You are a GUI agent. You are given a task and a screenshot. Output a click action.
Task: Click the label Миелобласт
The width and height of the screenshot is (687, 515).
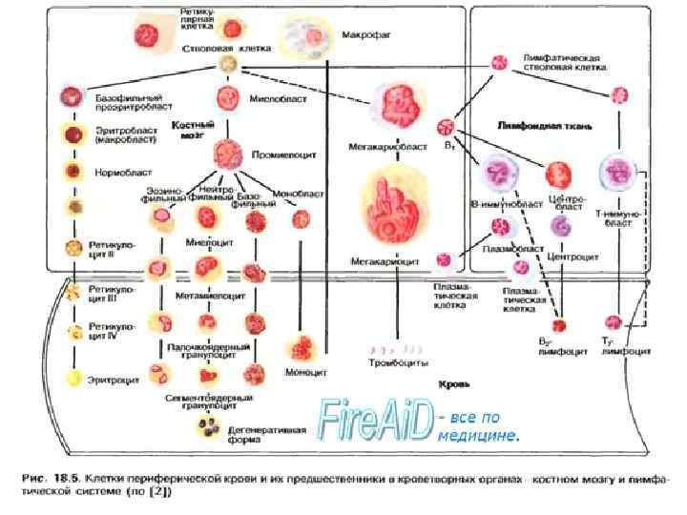(x=271, y=98)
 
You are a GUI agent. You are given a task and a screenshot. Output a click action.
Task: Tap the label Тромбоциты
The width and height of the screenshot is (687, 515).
(x=399, y=363)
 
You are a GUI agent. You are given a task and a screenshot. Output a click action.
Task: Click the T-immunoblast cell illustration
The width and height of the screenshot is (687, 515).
(x=615, y=174)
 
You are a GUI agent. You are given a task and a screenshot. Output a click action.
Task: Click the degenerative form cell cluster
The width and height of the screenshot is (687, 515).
(x=207, y=428)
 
